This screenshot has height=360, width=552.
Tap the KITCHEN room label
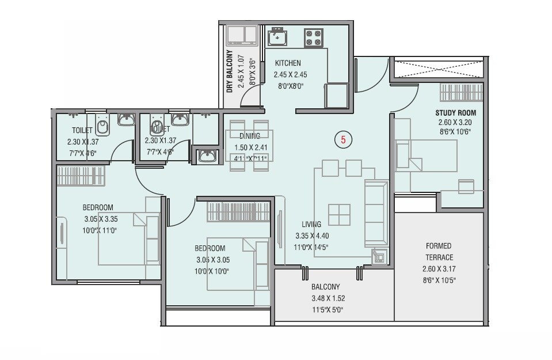tap(287, 63)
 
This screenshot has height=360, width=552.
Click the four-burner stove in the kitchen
tap(314, 38)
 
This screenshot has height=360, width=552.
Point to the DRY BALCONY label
tap(229, 72)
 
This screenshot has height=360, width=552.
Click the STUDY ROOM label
tap(455, 112)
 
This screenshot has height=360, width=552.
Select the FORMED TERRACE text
tap(439, 252)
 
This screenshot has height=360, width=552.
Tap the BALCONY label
tap(326, 287)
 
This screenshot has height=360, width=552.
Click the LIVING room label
tap(311, 225)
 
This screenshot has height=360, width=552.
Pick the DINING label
tap(250, 137)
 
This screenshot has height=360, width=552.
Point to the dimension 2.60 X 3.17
tap(439, 268)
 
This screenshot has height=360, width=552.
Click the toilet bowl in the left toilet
tap(102, 125)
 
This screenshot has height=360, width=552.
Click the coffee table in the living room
tap(339, 215)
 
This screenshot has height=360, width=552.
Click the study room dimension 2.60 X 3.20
tap(455, 123)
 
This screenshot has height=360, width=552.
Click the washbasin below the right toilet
tap(207, 156)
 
